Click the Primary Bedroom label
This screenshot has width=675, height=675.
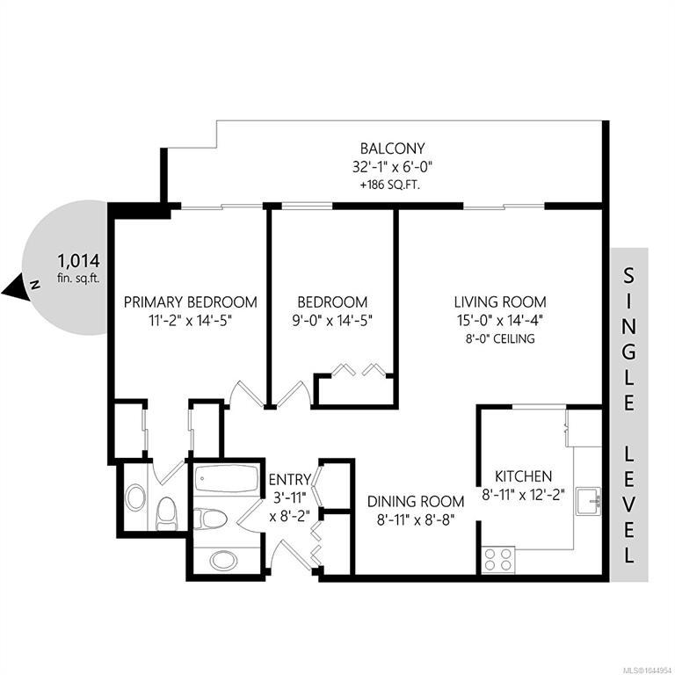coord(190,301)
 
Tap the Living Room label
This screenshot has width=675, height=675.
coord(500,301)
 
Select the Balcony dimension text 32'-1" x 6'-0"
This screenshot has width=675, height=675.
coord(392,167)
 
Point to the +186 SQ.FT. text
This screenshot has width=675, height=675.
coord(390,185)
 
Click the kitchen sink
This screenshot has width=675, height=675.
coord(589,501)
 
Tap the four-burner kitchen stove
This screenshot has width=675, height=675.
coord(498,559)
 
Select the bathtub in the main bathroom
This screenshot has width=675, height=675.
coord(227,478)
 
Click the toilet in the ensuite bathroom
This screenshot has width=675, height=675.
coord(166,513)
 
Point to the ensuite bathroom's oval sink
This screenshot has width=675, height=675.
coord(135,497)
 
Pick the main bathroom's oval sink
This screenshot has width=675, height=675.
coord(223,561)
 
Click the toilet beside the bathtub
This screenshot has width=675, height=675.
coord(210,519)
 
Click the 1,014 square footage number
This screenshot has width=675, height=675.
coord(79,261)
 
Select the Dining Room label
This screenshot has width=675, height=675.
coord(416,502)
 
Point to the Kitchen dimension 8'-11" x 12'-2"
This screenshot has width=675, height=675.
coord(523,495)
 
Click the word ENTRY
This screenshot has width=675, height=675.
coord(290,479)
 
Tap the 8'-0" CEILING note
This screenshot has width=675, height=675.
coord(500,338)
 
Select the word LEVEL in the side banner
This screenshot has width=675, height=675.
coord(629,504)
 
